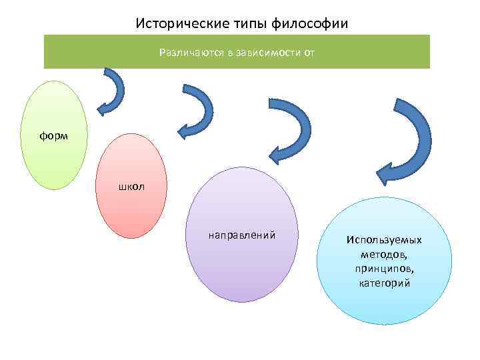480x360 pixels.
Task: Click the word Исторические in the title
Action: click(173, 23)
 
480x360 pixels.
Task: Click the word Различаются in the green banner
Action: click(191, 52)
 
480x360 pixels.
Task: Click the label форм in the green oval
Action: click(53, 135)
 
